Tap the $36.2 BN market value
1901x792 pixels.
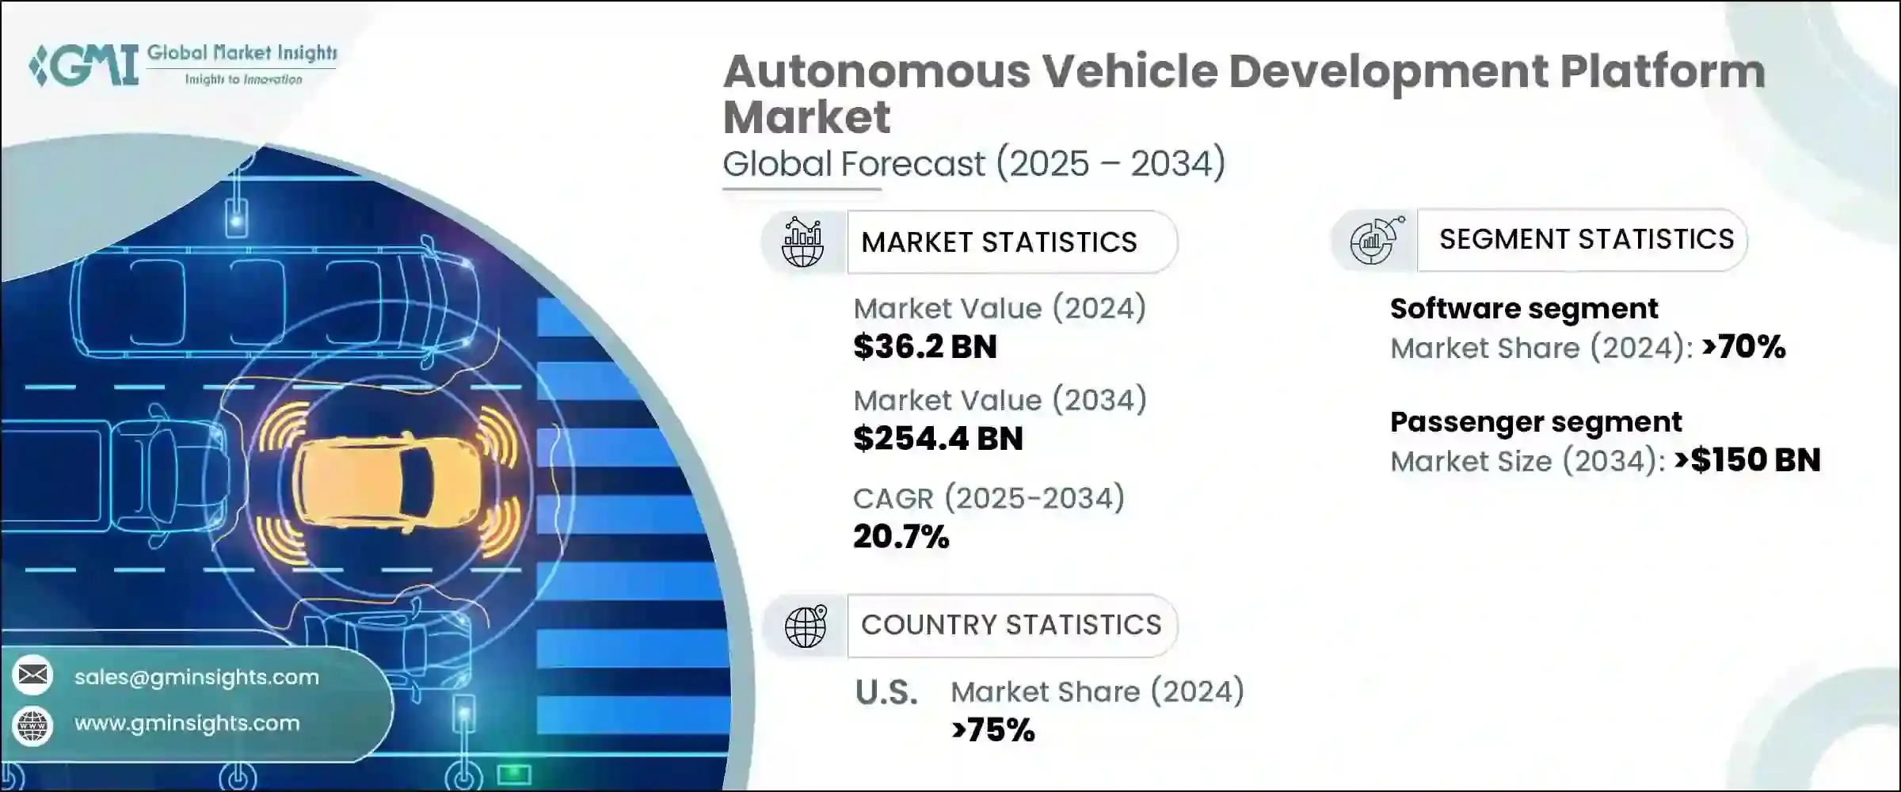click(924, 347)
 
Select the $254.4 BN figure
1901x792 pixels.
click(938, 439)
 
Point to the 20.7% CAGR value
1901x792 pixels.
click(901, 537)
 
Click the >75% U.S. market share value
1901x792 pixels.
click(993, 730)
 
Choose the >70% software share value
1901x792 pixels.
click(1743, 347)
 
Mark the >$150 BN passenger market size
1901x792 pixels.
click(1747, 460)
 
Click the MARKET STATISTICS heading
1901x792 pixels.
click(999, 242)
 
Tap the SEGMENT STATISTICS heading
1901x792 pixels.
click(1586, 239)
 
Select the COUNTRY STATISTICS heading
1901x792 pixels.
click(1011, 625)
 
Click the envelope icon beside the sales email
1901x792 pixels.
click(33, 676)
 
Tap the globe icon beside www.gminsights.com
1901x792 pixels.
click(33, 725)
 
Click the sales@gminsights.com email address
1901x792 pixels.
click(196, 677)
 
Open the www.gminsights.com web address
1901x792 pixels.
click(187, 723)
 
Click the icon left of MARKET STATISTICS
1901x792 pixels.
click(803, 242)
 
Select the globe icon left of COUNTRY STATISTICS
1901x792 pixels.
click(806, 626)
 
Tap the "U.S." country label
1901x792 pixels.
click(886, 693)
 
